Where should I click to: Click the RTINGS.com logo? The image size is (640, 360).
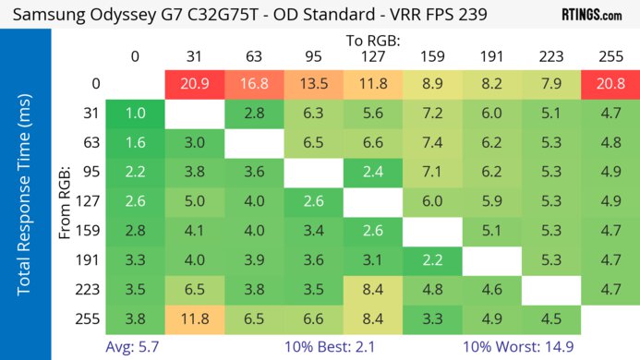click(591, 15)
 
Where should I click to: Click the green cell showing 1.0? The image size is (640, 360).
click(136, 114)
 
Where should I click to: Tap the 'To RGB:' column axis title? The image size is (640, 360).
click(373, 41)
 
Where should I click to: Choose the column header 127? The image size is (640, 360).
click(373, 56)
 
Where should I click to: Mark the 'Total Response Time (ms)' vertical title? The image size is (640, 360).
click(25, 202)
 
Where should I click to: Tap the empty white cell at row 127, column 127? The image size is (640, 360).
click(373, 202)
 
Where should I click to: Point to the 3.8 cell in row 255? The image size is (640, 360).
click(136, 320)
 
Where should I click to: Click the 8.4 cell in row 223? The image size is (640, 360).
click(373, 291)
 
